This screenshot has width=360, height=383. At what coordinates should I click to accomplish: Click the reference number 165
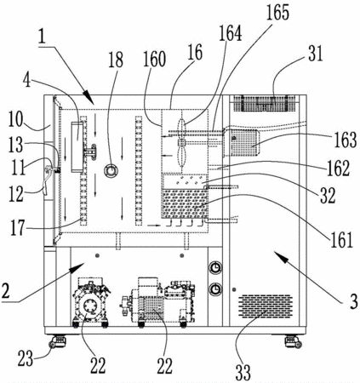277,12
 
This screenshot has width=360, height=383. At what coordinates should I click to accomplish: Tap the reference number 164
230,33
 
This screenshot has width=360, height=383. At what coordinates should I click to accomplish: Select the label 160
154,60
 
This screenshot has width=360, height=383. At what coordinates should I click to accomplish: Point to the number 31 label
316,54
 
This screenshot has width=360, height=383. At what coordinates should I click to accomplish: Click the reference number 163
345,140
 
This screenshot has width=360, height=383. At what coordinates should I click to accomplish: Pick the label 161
341,240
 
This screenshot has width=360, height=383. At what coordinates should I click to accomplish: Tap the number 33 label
243,372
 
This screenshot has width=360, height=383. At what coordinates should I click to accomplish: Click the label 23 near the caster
26,359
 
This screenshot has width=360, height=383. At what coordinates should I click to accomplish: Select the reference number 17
18,228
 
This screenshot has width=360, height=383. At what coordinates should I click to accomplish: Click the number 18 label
116,60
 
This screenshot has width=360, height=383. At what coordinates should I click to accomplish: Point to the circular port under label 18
111,170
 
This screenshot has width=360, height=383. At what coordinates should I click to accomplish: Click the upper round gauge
216,268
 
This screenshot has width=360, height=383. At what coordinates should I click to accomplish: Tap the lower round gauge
216,289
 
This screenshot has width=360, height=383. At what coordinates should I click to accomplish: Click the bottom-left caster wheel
58,341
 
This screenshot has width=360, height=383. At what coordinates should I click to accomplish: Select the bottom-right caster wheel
294,341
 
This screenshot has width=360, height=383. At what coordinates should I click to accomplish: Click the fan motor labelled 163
241,143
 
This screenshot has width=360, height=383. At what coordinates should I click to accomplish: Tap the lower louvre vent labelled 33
265,306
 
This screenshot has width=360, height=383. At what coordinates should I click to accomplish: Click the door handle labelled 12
46,180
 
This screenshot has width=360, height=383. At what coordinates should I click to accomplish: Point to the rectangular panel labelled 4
77,146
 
